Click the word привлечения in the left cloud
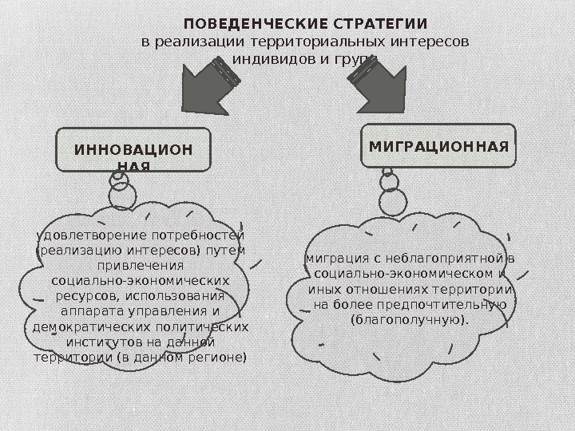(140, 265)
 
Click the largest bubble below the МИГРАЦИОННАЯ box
(392, 202)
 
